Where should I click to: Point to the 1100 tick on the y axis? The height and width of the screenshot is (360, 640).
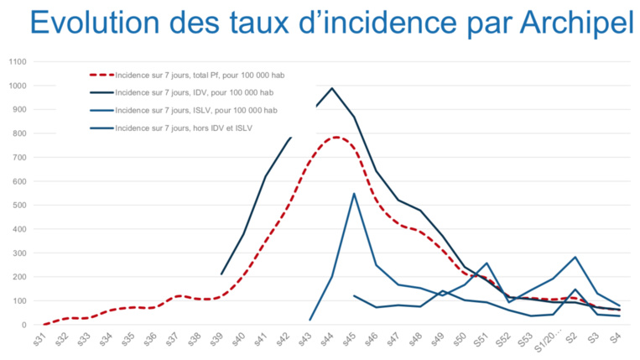point(18,62)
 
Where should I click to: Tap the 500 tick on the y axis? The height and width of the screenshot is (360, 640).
point(20,206)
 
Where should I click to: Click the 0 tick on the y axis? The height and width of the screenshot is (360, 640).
point(26,325)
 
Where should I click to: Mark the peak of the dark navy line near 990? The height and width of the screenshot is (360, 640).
point(332,88)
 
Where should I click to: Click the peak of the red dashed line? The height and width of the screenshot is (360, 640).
point(335,137)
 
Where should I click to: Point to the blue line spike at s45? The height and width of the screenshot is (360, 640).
point(354,194)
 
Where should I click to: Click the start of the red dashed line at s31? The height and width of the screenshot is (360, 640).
point(44,324)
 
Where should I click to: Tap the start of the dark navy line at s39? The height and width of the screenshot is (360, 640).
point(221,274)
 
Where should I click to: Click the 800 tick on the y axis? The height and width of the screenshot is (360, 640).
point(20,133)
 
